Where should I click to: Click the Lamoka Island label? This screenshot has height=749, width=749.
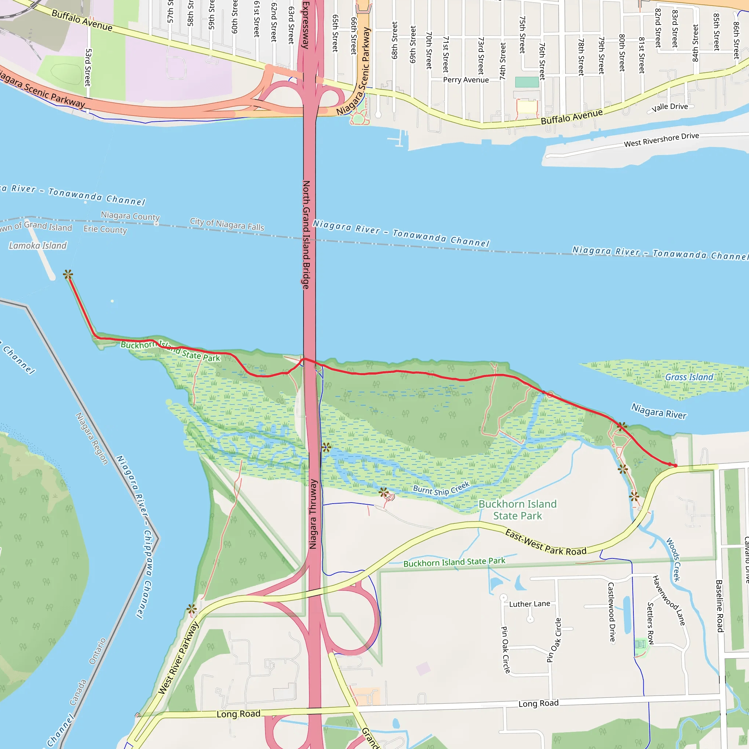coord(38,245)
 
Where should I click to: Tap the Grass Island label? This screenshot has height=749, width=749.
coord(689,377)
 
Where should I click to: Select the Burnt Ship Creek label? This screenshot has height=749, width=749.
coord(441,489)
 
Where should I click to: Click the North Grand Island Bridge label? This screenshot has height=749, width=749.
coord(306,234)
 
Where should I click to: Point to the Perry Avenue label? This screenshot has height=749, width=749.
coord(466,80)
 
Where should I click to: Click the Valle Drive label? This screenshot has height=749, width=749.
coord(670,107)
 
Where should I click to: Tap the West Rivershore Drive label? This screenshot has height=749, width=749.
coord(661,140)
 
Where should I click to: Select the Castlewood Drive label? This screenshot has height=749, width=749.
coord(611,612)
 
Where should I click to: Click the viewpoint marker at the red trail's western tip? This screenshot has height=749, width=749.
coord(68,275)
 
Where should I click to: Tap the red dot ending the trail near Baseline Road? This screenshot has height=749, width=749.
coord(675,466)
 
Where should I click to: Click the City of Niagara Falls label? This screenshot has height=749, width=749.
coord(227,224)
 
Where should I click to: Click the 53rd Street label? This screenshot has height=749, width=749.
coord(88,67)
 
